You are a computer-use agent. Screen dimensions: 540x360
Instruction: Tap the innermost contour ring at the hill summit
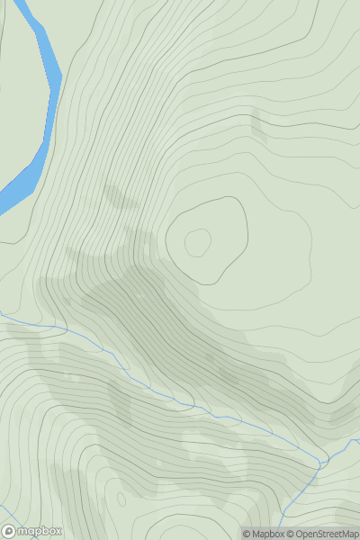pyautogui.click(x=198, y=241)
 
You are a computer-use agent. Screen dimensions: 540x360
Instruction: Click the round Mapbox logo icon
pyautogui.click(x=10, y=531)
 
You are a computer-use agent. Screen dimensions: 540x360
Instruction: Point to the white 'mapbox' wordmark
pyautogui.click(x=39, y=532)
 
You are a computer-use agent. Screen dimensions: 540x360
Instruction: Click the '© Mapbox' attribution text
pyautogui.click(x=263, y=534)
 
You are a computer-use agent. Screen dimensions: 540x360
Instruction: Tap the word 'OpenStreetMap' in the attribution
pyautogui.click(x=325, y=534)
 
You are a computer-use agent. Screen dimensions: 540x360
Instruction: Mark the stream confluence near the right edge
pyautogui.click(x=322, y=463)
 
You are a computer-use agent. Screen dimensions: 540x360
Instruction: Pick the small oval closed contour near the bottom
pyautogui.click(x=121, y=498)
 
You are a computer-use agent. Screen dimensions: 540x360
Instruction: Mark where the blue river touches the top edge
pyautogui.click(x=31, y=3)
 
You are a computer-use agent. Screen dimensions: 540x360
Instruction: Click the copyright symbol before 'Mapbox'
pyautogui.click(x=247, y=534)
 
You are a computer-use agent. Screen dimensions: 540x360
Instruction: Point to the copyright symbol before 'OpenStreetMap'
pyautogui.click(x=291, y=534)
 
